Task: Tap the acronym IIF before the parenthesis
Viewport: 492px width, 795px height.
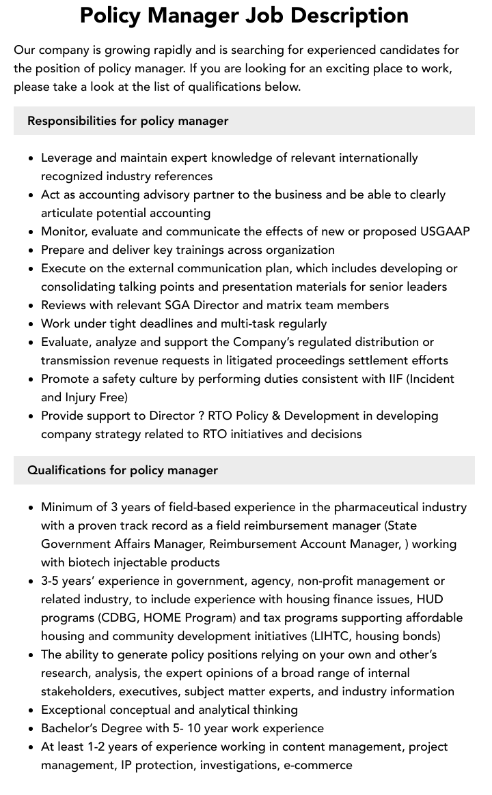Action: tap(393, 379)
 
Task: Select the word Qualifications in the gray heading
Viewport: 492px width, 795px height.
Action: tap(67, 470)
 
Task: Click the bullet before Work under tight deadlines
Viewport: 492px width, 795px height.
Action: tap(31, 324)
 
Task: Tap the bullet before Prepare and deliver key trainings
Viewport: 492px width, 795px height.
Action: tap(31, 250)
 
